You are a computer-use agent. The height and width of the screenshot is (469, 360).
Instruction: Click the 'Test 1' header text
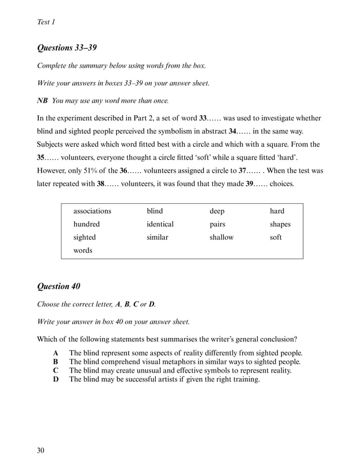(x=46, y=22)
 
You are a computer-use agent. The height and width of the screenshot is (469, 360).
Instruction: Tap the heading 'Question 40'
(x=58, y=286)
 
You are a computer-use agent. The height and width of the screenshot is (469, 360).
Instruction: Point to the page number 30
(x=41, y=450)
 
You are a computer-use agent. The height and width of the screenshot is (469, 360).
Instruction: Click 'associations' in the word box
(x=92, y=211)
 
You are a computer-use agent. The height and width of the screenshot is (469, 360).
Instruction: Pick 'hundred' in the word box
(x=86, y=224)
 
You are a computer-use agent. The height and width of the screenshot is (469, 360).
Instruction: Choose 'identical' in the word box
(x=160, y=224)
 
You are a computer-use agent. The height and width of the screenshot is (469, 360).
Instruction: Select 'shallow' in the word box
(x=221, y=238)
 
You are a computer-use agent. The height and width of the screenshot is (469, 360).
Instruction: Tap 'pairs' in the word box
(x=217, y=224)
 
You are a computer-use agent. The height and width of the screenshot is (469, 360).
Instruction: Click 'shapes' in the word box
(x=280, y=224)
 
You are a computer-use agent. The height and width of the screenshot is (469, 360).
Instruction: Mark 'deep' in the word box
(x=217, y=211)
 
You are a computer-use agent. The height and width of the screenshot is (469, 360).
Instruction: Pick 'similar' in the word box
(x=157, y=238)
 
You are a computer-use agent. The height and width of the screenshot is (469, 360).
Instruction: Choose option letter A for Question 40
(x=56, y=353)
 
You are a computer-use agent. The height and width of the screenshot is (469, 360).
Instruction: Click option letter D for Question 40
(x=56, y=379)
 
